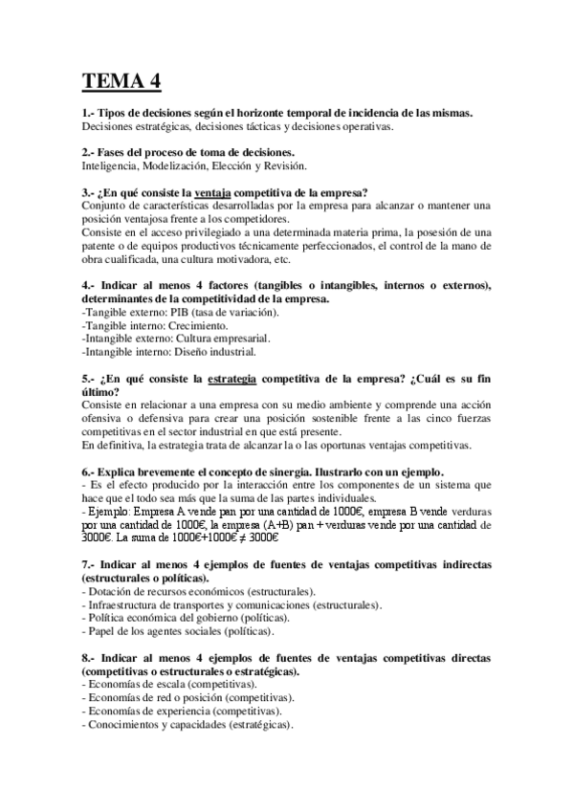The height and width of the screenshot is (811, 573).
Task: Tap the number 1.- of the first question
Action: (x=89, y=113)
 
